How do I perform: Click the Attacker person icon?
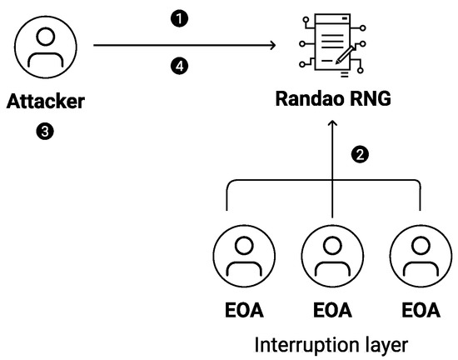click(47, 49)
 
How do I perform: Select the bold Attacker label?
click(47, 104)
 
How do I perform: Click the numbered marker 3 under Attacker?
click(47, 132)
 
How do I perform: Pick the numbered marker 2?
click(360, 155)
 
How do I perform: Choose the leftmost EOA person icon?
click(243, 256)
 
